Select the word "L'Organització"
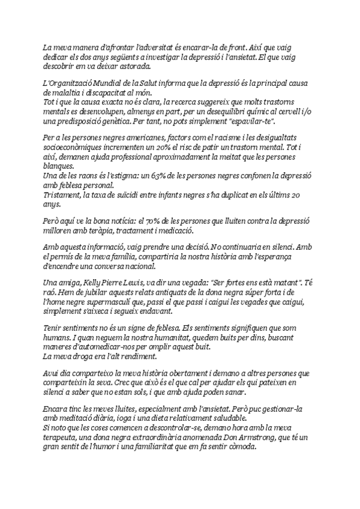coord(66,82)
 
